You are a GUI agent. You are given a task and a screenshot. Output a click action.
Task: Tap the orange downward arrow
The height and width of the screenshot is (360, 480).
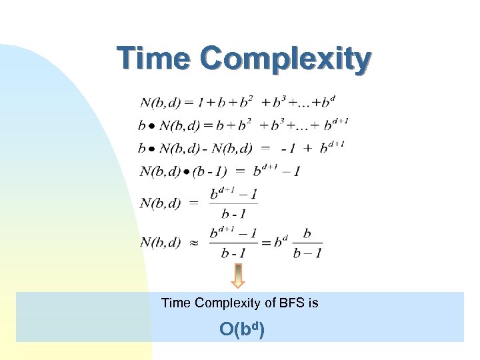(238, 275)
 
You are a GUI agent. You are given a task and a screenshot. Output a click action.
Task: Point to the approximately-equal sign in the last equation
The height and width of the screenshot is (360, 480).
(191, 243)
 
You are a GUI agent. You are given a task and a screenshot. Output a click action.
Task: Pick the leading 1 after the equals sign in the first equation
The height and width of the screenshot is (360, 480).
(209, 103)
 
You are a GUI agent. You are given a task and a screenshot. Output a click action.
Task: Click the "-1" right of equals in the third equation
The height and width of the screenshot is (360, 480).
(288, 148)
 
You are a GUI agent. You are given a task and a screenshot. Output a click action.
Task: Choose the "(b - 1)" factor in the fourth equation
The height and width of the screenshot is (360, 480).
(209, 171)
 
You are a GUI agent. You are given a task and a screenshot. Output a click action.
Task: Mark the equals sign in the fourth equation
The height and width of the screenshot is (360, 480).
(240, 170)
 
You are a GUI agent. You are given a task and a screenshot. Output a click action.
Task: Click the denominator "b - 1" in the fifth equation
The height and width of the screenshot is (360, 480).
(233, 214)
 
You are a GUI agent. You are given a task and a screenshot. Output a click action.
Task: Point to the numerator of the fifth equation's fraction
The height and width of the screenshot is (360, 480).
(233, 195)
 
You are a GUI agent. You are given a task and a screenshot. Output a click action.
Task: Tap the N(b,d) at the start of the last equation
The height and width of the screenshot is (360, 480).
(160, 243)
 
